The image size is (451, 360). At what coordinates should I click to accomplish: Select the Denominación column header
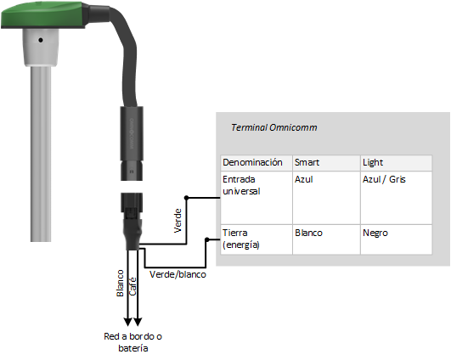pos(251,161)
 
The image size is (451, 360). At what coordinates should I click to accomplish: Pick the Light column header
pos(372,161)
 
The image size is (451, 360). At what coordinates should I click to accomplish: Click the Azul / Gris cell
pos(384,180)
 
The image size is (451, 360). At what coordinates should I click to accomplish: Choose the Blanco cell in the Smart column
pos(309,232)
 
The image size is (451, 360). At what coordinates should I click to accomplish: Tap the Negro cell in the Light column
pos(375,232)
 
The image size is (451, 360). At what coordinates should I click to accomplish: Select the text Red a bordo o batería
pos(128,342)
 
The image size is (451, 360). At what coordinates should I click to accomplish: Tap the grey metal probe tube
pos(40,153)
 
